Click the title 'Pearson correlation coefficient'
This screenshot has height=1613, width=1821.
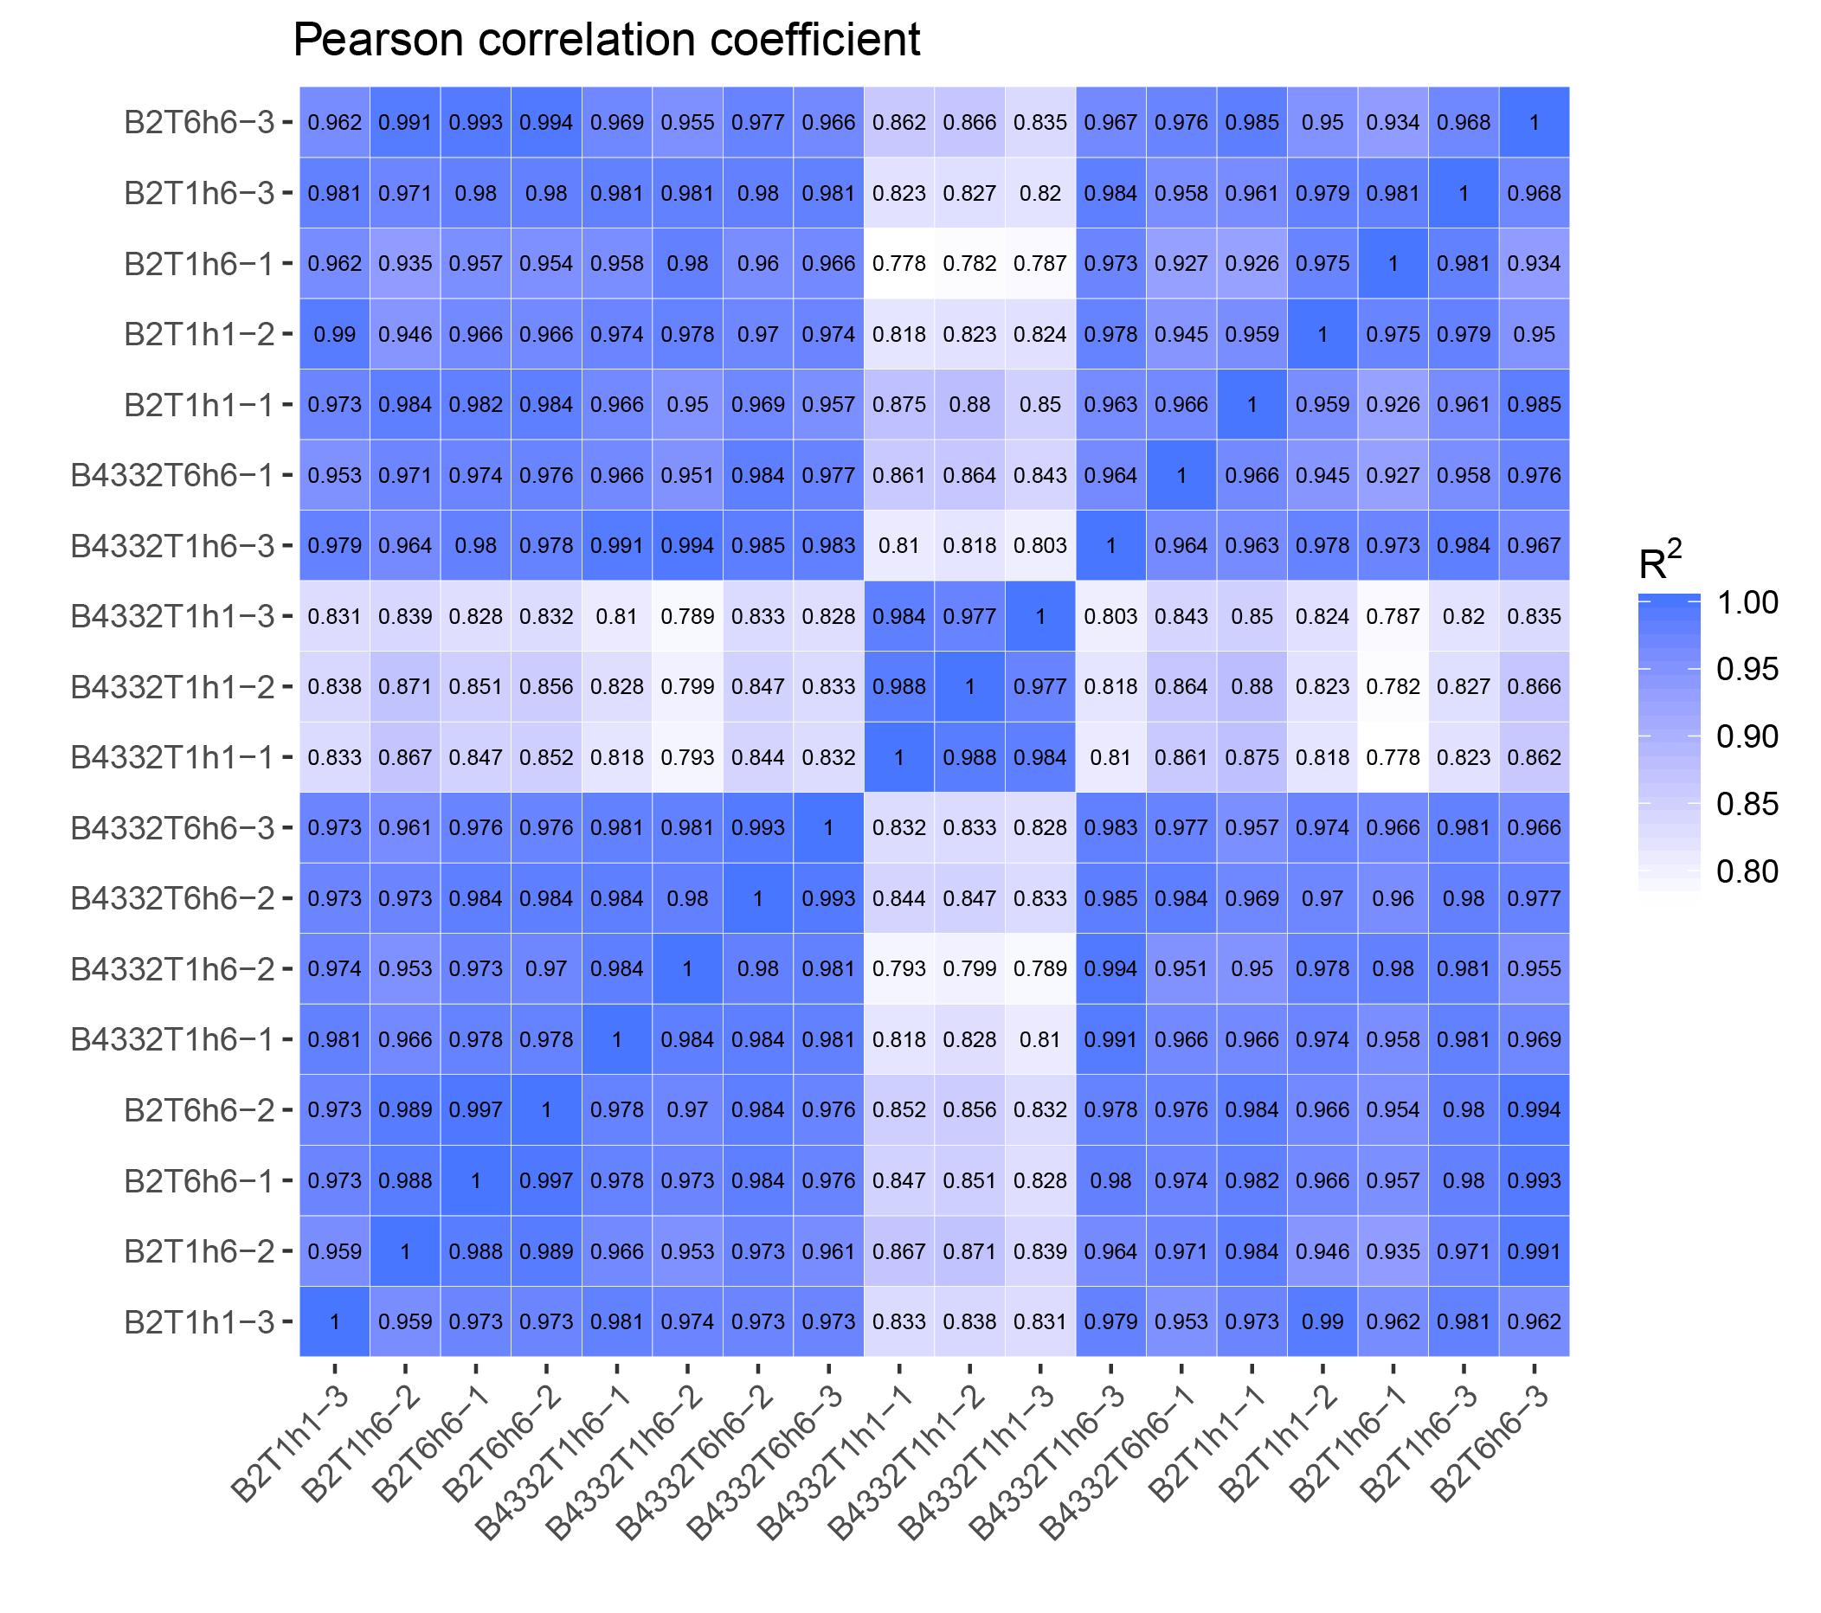(606, 40)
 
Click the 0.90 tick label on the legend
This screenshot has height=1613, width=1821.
(1747, 736)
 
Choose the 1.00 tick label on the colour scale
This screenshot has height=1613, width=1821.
(1747, 602)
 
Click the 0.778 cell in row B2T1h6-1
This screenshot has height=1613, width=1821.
(899, 264)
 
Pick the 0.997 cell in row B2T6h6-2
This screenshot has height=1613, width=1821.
(476, 1109)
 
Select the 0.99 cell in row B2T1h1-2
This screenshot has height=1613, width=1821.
(335, 334)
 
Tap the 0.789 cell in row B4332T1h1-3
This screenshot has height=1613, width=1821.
(687, 616)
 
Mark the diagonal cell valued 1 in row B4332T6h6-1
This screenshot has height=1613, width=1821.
(1181, 476)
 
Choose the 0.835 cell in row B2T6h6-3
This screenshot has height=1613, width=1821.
(1039, 122)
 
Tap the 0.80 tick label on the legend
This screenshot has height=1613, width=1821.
(1747, 871)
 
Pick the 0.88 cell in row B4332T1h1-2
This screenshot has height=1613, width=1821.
(1252, 687)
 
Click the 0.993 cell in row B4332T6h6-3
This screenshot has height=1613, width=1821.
(757, 827)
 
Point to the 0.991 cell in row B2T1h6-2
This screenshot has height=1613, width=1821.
(1535, 1251)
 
